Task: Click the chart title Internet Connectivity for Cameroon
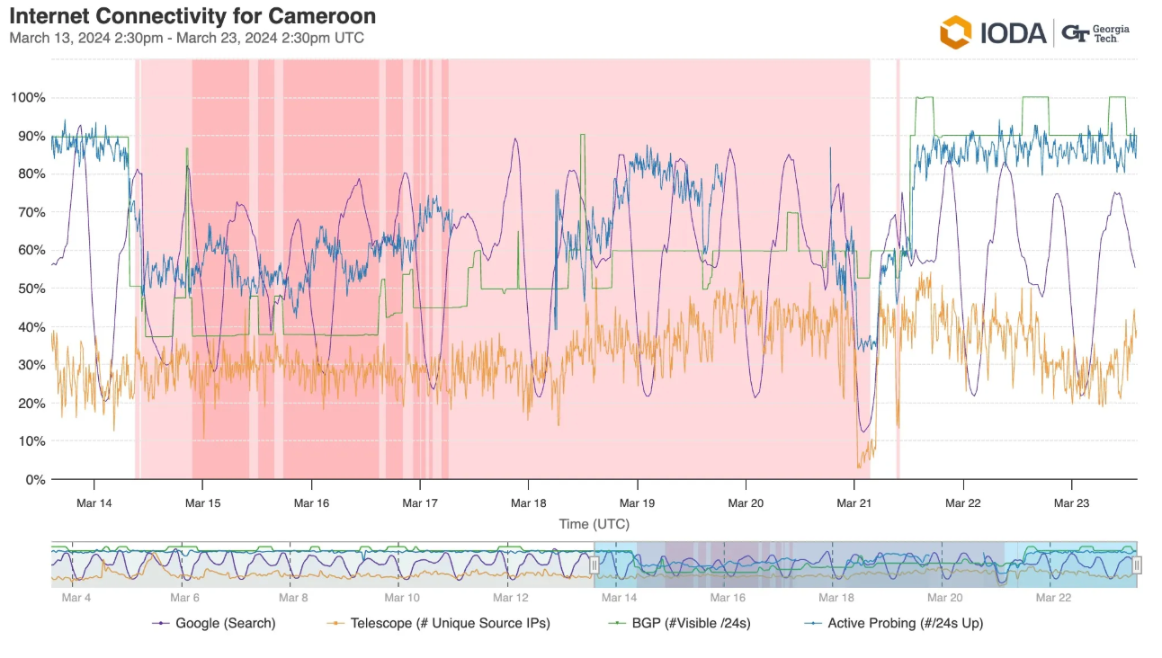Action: click(x=192, y=16)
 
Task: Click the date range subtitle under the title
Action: click(x=186, y=38)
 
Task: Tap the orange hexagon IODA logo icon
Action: click(x=955, y=32)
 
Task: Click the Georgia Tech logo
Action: click(x=1095, y=33)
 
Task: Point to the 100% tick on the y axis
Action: click(x=28, y=97)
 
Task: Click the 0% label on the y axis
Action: click(x=35, y=479)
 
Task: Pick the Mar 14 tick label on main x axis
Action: click(x=94, y=503)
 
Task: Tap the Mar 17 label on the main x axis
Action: click(x=419, y=503)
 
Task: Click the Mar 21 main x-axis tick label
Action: click(x=854, y=503)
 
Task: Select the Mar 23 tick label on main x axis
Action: click(x=1071, y=503)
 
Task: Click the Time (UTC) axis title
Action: click(x=594, y=524)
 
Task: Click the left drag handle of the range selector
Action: click(x=594, y=565)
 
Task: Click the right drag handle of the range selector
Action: click(x=1137, y=565)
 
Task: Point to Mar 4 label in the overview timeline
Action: click(x=76, y=598)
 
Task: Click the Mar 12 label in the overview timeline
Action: click(x=511, y=598)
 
